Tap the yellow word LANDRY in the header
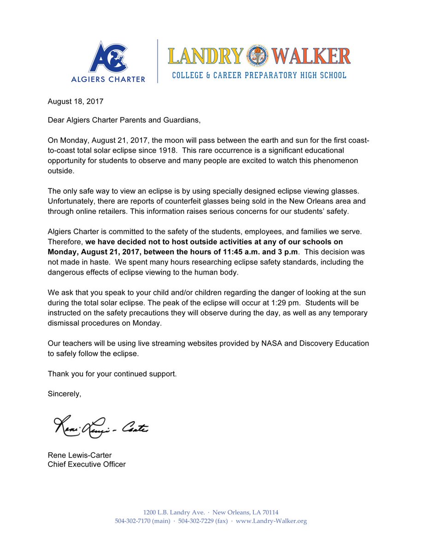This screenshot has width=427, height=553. click(x=205, y=56)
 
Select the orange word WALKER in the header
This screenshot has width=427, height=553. click(x=311, y=56)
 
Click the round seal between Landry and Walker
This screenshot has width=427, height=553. click(x=258, y=56)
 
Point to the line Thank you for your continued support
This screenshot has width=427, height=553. click(x=112, y=374)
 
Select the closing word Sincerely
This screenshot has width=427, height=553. click(x=64, y=394)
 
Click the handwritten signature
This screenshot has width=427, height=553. click(x=101, y=427)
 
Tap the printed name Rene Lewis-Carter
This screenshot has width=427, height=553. click(x=80, y=455)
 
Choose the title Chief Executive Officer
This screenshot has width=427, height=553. click(x=87, y=465)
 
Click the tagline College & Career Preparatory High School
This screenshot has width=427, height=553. click(x=259, y=75)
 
